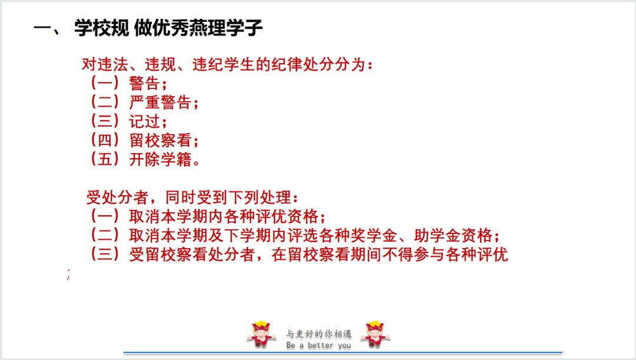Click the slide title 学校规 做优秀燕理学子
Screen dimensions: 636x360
coord(168,28)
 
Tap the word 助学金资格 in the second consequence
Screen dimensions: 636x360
coord(453,236)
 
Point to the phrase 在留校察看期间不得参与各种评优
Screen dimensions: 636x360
coord(390,255)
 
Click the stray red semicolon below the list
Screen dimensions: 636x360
coord(68,274)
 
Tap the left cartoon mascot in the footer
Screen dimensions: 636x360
coord(261,335)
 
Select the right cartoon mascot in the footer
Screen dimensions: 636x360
coord(375,335)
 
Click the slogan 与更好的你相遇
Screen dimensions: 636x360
coord(319,333)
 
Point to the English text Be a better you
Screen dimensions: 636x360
coord(319,345)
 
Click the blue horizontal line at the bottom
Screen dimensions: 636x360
coord(343,353)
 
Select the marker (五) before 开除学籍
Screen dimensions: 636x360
coord(105,159)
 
